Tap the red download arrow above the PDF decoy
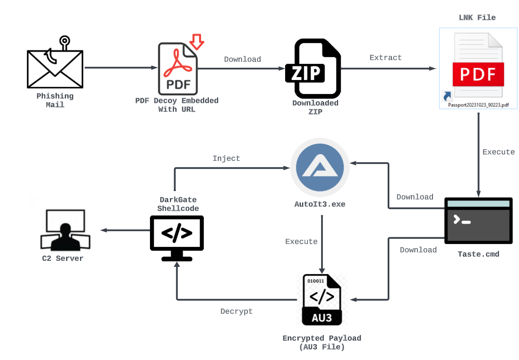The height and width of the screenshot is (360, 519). (197, 41)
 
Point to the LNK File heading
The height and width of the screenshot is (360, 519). (477, 18)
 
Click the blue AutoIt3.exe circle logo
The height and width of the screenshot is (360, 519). (320, 168)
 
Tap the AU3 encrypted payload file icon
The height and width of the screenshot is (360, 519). (322, 300)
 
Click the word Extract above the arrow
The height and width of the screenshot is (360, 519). (386, 58)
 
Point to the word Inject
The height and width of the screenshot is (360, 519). (226, 158)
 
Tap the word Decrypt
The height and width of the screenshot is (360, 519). (236, 311)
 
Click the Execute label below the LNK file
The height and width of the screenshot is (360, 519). (499, 152)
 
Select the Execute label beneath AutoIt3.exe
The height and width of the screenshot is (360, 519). (301, 241)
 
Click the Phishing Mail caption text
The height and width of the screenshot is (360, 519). (55, 100)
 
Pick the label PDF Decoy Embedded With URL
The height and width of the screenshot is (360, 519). (177, 105)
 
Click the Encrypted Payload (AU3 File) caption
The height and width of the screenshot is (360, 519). (322, 343)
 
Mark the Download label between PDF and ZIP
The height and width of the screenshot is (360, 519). (242, 59)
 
